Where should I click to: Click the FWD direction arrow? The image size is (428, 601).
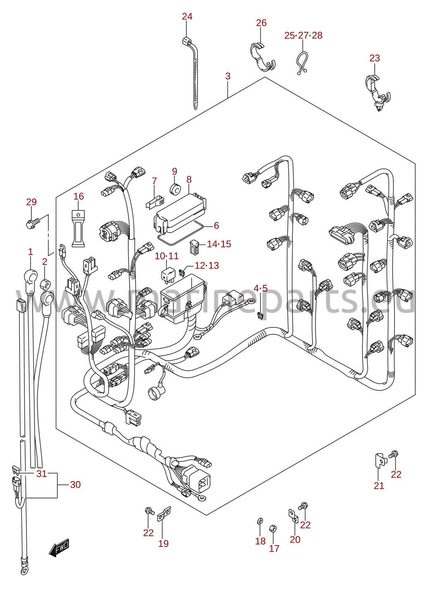click(x=59, y=547)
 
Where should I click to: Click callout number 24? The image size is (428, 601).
click(x=187, y=17)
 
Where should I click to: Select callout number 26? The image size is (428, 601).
click(x=261, y=23)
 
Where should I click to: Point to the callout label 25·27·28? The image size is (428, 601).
click(x=303, y=36)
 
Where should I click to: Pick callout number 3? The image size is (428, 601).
click(x=228, y=76)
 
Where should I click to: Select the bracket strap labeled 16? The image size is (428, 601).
click(x=78, y=228)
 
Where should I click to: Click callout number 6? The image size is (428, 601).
click(x=216, y=225)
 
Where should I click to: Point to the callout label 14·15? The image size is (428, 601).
click(x=219, y=244)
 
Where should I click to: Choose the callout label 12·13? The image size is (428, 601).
click(x=207, y=265)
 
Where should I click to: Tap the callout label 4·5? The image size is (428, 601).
click(x=261, y=289)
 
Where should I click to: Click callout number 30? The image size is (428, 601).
click(x=75, y=484)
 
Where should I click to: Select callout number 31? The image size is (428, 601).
click(x=42, y=474)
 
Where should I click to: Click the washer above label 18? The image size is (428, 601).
click(x=259, y=521)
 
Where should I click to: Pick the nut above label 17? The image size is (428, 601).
click(x=273, y=529)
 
